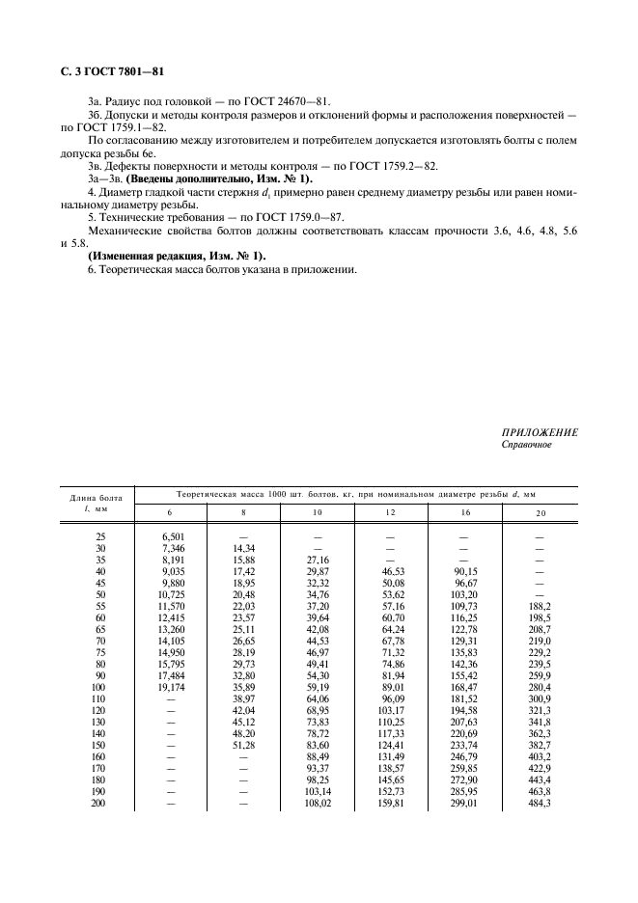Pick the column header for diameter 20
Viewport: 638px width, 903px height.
[x=540, y=512]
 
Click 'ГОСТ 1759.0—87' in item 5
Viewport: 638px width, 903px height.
[x=291, y=218]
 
